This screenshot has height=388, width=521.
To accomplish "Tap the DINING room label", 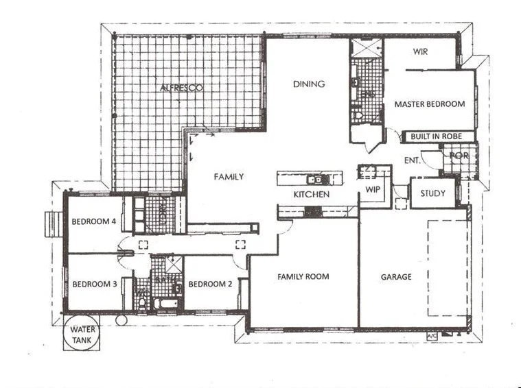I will (308, 84).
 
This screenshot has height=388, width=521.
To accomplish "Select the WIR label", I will (421, 51).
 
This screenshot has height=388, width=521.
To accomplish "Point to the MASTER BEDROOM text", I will (429, 104).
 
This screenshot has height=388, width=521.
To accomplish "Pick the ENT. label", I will (412, 160).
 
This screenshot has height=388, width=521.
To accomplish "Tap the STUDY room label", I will (433, 193).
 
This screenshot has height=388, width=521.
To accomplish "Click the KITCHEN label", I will (312, 195).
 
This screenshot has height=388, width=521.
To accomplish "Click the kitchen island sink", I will (316, 180).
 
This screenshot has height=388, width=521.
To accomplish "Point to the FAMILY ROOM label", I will (303, 277).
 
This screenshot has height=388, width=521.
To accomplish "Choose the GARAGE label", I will (396, 277).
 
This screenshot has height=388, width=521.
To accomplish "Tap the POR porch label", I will (459, 156).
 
